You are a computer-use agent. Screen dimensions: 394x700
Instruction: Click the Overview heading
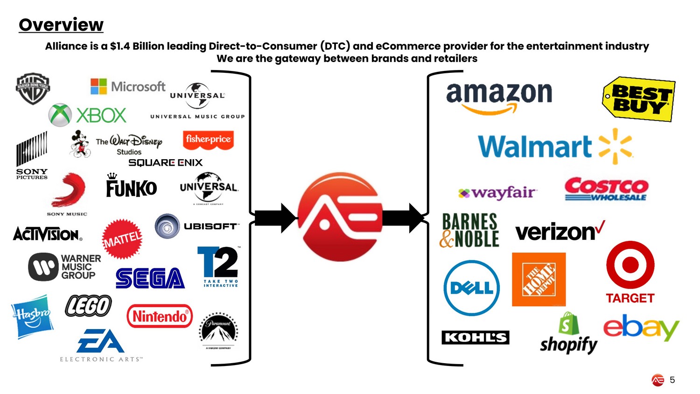click(61, 25)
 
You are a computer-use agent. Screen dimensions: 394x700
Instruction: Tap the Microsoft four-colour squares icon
click(98, 86)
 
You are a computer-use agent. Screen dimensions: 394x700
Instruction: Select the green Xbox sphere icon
click(60, 115)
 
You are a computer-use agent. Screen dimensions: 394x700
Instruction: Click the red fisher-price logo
click(208, 140)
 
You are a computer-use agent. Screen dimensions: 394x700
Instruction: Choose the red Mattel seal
click(122, 239)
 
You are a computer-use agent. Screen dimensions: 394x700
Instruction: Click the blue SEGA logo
click(150, 278)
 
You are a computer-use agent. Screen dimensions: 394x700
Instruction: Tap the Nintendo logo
click(160, 316)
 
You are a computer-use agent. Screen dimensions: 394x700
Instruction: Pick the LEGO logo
click(88, 306)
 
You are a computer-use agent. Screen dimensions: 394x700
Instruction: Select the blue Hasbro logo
click(32, 316)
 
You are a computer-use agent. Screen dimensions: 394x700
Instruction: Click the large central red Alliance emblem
click(340, 217)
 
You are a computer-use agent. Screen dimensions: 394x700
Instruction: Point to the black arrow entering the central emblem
click(275, 218)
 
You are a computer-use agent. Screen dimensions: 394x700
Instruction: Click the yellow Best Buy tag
click(639, 99)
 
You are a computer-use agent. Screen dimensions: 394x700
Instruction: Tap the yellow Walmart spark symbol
click(615, 146)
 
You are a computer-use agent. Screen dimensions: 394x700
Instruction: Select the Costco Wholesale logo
click(606, 189)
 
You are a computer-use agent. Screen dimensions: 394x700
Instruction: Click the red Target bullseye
click(630, 265)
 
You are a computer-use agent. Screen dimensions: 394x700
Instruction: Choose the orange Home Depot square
click(539, 279)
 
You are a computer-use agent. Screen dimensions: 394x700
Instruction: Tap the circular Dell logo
click(471, 288)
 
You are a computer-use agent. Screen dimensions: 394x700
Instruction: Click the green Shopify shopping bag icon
click(568, 324)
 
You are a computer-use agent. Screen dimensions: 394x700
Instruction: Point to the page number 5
click(672, 380)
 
